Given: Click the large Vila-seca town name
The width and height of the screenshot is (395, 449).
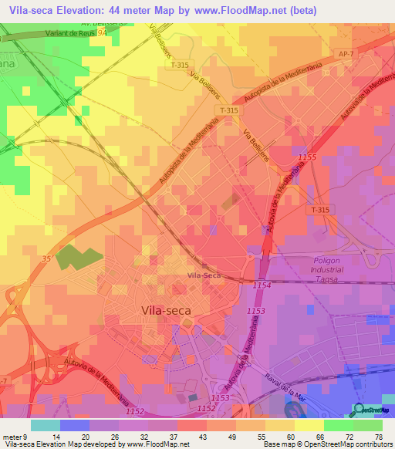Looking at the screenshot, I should click(x=167, y=309).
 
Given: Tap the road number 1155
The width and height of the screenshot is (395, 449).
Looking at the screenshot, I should click(x=307, y=157).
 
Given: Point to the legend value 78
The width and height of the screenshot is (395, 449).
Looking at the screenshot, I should click(x=378, y=436).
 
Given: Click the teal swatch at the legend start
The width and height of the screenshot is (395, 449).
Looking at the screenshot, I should click(x=46, y=425).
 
